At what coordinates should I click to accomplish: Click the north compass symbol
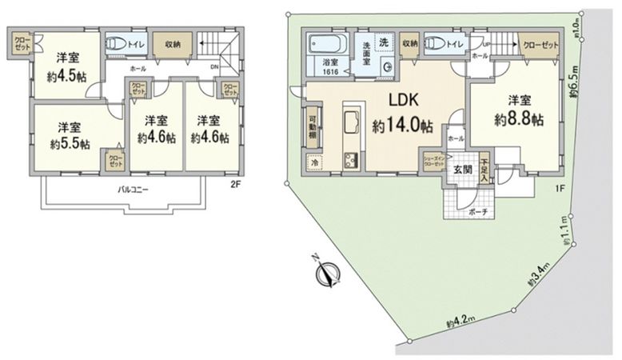pyautogui.click(x=325, y=272)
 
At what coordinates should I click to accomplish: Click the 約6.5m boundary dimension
pyautogui.click(x=574, y=82)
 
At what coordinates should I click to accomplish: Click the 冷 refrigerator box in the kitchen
pyautogui.click(x=313, y=162)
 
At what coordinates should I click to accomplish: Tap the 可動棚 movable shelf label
pyautogui.click(x=313, y=129)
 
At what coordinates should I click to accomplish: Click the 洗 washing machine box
pyautogui.click(x=384, y=41)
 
